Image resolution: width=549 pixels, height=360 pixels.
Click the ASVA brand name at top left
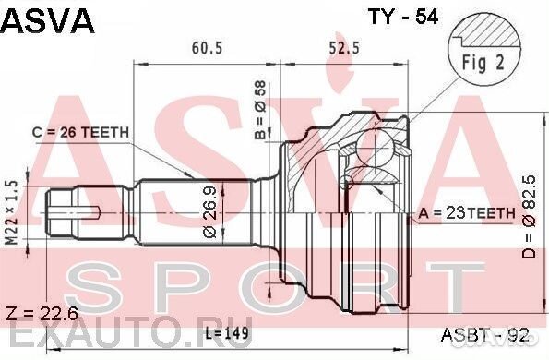coord(48,21)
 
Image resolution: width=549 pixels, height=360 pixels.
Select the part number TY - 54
coord(403,17)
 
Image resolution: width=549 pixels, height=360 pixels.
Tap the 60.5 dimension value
coord(207,48)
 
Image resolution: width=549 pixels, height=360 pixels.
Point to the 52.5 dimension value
coord(344,48)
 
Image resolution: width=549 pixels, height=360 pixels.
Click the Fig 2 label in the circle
coord(483,63)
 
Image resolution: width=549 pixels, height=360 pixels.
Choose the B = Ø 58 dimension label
coord(260,111)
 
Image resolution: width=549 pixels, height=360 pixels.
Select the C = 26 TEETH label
coord(80,132)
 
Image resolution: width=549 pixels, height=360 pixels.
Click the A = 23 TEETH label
coord(467,213)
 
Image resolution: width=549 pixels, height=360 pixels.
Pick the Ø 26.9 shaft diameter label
coord(210,212)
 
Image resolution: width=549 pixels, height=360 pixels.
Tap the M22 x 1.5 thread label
coord(12,212)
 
